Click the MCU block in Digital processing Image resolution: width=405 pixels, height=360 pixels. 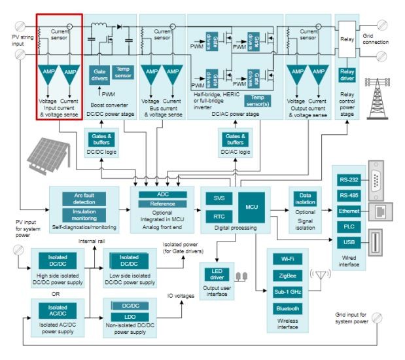[252, 206]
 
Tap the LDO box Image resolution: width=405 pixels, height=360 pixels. [129, 317]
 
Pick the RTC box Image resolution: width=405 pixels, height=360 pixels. [219, 215]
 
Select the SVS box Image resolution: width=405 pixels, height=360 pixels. [219, 198]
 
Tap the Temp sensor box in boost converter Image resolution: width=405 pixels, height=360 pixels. [122, 72]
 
